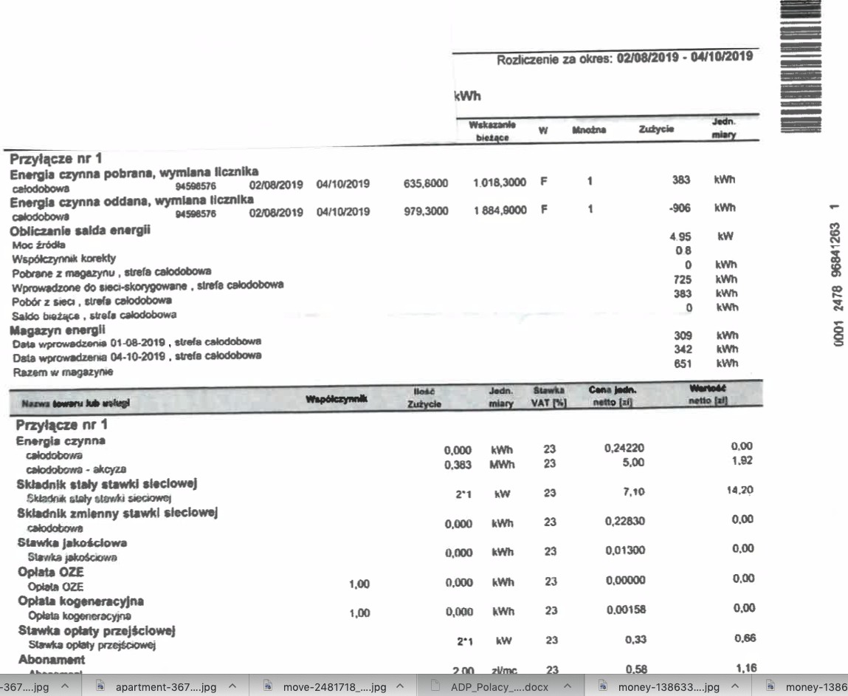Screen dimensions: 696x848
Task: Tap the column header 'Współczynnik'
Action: point(337,400)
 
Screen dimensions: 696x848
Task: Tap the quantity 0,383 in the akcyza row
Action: point(458,465)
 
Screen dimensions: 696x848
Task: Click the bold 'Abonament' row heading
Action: point(51,659)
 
